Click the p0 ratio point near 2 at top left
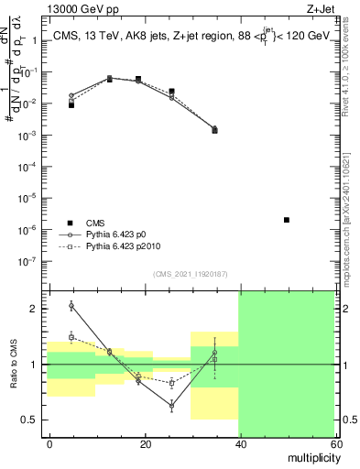(71, 305)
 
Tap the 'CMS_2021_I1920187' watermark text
(190, 275)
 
